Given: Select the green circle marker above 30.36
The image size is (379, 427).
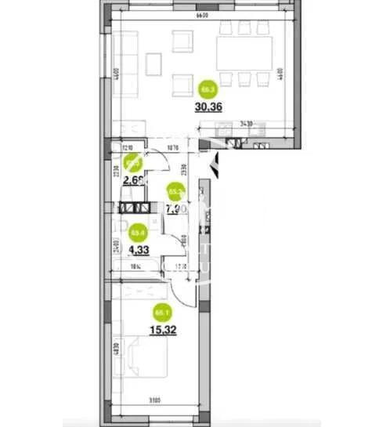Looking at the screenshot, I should tap(208, 88).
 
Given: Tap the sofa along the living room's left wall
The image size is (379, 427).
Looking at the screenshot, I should tap(129, 59).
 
